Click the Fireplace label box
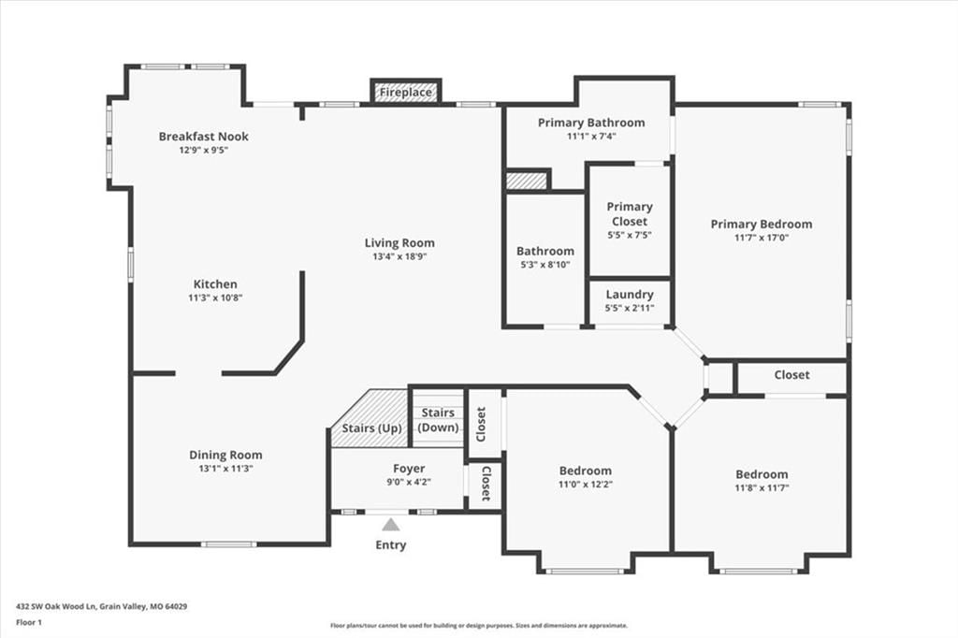coord(406,92)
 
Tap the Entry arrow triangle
coord(391,525)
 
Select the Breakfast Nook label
coord(203,137)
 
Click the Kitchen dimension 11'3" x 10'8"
coord(216,297)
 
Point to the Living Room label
coord(399,242)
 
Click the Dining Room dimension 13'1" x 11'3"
coord(225,469)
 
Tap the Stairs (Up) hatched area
coord(370,418)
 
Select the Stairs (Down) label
coord(438,420)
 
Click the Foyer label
coord(409,468)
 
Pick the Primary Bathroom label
coord(591,123)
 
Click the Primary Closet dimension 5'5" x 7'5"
coord(630,235)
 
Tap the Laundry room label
coord(630,295)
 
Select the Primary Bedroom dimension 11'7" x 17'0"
coord(762,238)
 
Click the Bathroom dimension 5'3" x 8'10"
coord(545,265)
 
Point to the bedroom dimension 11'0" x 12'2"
coord(586,484)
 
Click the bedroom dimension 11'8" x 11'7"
coord(762,487)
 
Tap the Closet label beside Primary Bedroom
coord(791,374)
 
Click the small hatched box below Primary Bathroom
coord(526,181)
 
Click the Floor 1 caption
coord(29,623)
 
